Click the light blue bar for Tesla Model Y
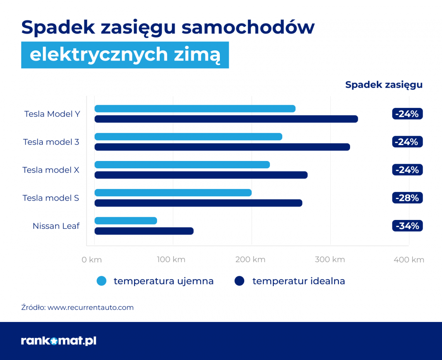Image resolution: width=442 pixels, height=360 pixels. [x=195, y=109]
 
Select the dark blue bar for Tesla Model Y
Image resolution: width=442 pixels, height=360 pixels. [x=226, y=119]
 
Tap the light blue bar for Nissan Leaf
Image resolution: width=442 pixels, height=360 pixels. [x=126, y=221]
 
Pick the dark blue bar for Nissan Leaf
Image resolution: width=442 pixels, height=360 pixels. [x=144, y=231]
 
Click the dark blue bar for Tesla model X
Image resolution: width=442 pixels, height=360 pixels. [x=201, y=175]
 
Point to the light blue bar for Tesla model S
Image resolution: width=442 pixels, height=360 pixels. [x=173, y=193]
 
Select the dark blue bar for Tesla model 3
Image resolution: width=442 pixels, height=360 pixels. [x=222, y=147]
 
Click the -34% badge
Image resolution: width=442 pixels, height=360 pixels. [x=407, y=226]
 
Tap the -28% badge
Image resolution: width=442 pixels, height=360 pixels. [x=407, y=198]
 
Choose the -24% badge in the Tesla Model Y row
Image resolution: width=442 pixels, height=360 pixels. [x=407, y=114]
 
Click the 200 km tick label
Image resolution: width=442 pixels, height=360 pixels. [x=250, y=260]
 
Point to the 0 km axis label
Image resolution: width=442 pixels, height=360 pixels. [x=92, y=260]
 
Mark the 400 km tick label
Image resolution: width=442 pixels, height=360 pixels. [x=409, y=260]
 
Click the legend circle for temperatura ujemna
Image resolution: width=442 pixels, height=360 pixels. [x=101, y=281]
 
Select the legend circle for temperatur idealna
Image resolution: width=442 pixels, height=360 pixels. [x=240, y=281]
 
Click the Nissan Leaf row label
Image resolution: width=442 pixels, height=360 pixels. [x=56, y=226]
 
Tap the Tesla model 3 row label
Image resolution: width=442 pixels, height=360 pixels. [x=51, y=142]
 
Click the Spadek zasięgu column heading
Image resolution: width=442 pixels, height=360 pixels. [x=384, y=85]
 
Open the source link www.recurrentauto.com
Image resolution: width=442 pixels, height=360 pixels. [x=90, y=308]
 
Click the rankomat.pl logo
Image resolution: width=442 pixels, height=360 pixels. [x=59, y=341]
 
